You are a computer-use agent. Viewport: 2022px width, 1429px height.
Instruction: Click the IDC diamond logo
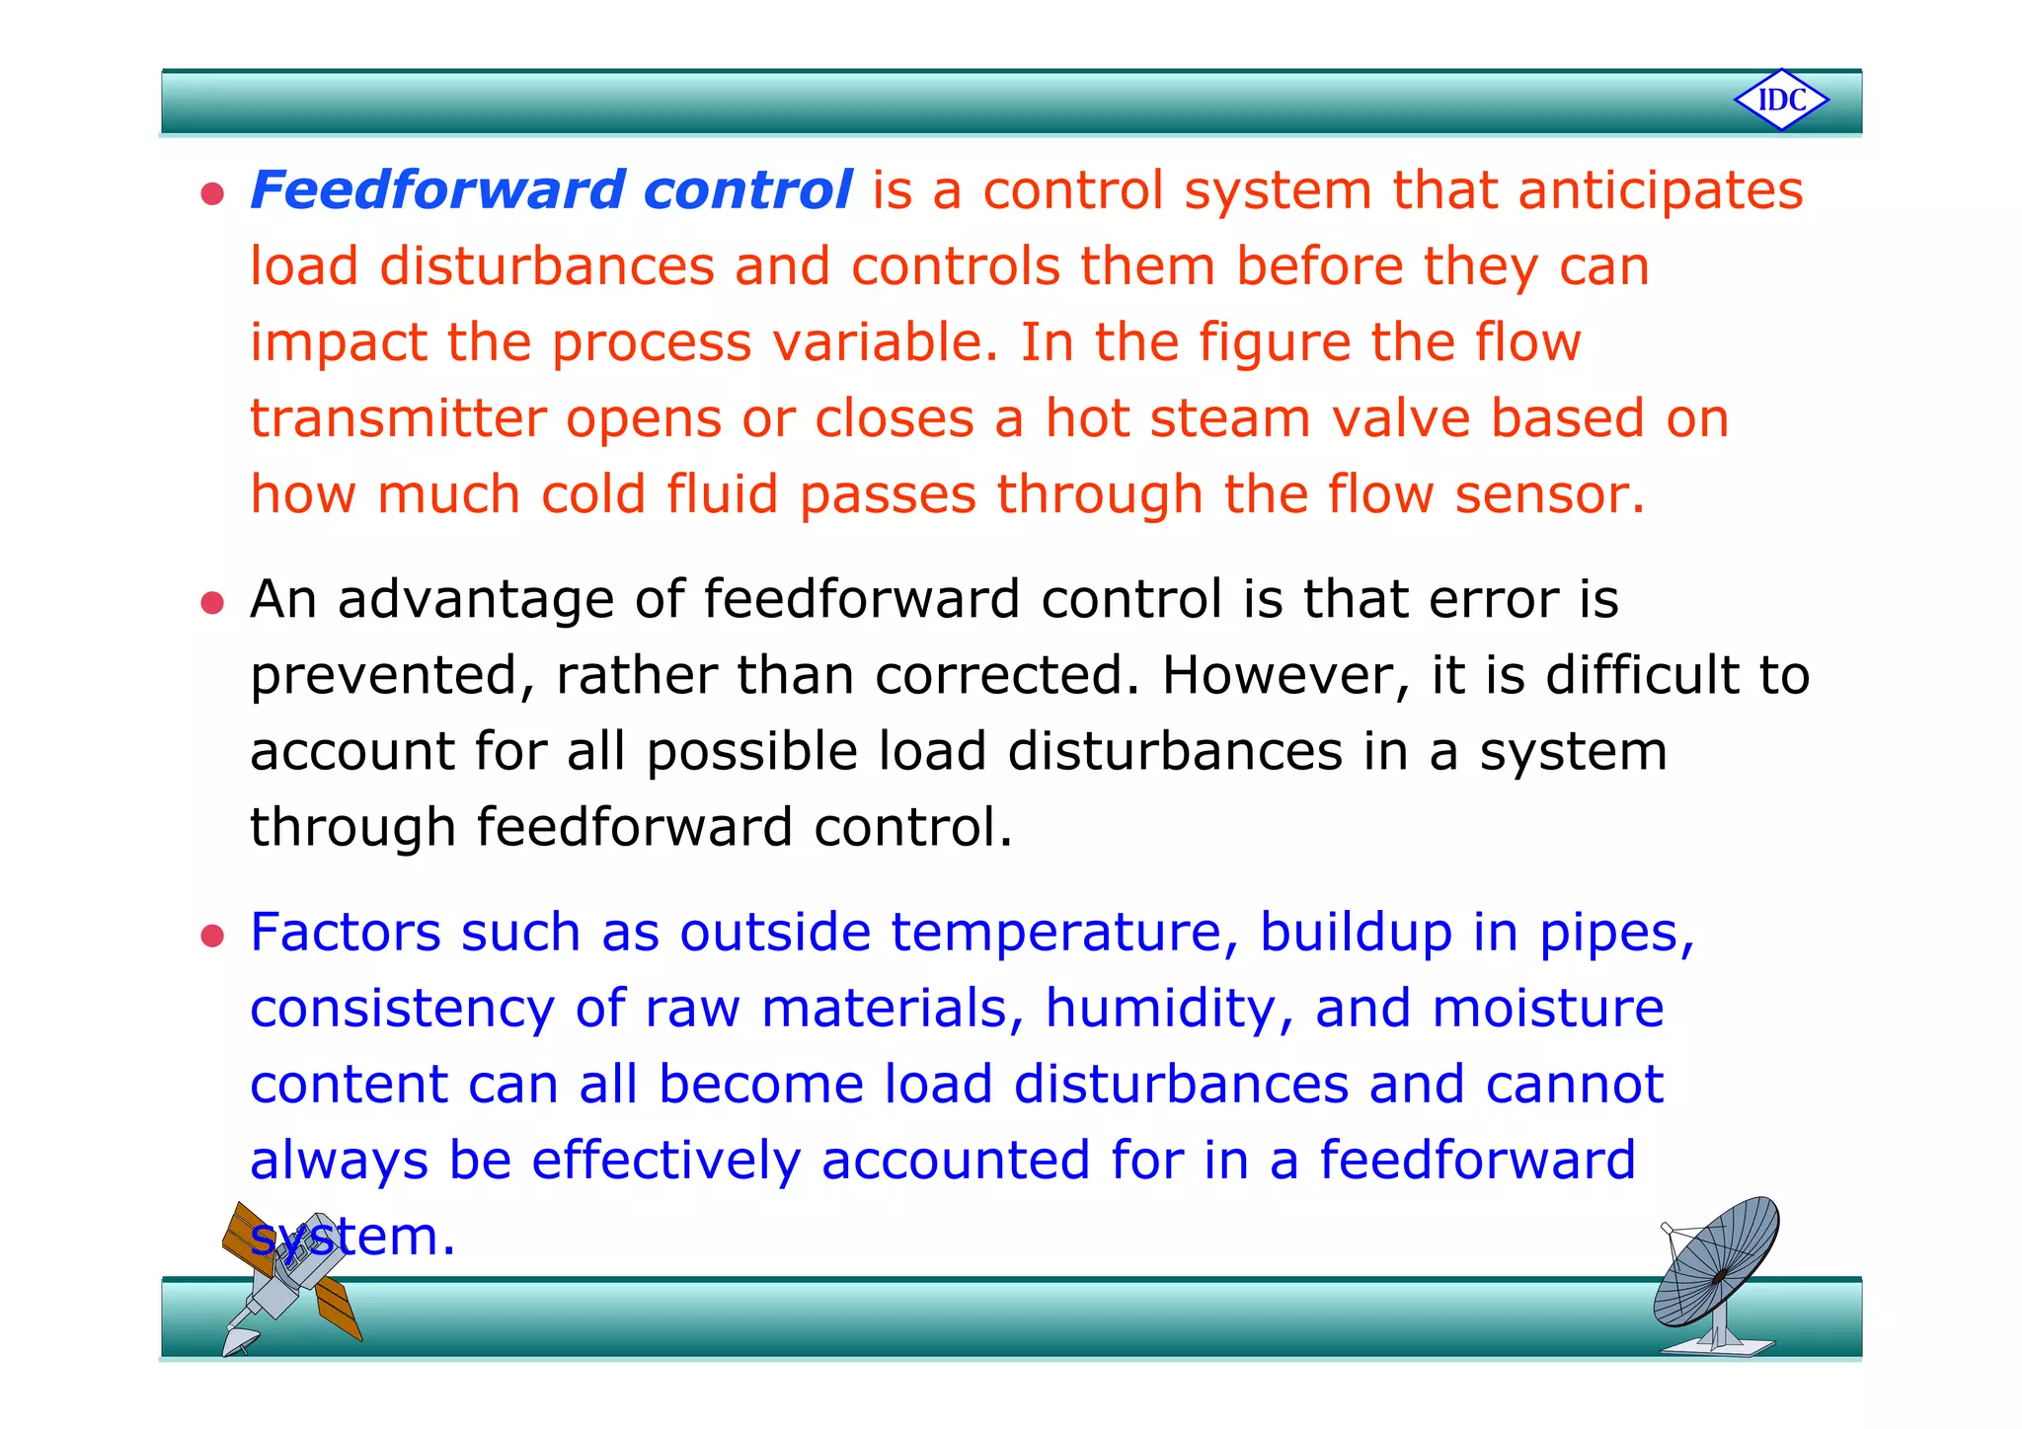[x=1781, y=100]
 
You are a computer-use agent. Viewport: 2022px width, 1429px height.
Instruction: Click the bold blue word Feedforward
[x=437, y=189]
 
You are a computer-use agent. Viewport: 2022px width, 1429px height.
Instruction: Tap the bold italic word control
[x=747, y=189]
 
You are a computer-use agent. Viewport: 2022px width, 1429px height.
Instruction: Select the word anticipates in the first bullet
[x=1661, y=191]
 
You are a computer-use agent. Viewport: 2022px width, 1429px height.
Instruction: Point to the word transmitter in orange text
[x=398, y=418]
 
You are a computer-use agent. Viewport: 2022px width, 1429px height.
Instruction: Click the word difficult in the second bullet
[x=1641, y=676]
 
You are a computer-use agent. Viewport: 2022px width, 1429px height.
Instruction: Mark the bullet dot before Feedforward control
[x=212, y=193]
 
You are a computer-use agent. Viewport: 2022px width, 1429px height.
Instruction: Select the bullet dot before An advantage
[x=212, y=602]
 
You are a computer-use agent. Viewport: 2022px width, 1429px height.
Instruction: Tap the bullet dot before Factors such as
[x=212, y=936]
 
